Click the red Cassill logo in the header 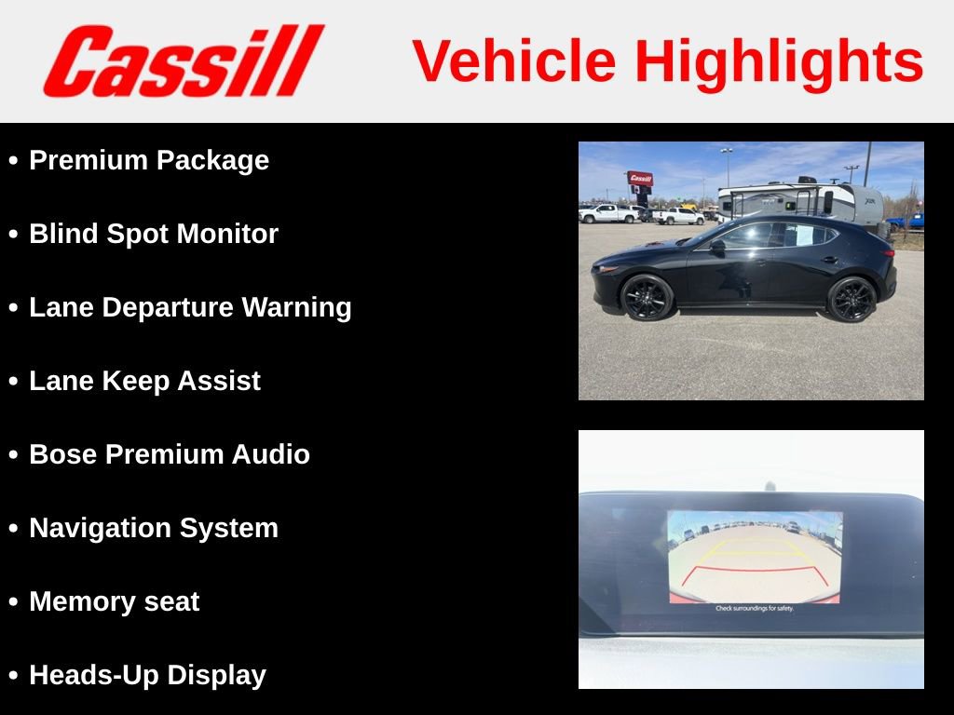click(183, 61)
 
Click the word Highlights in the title click(779, 61)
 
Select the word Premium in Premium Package click(89, 160)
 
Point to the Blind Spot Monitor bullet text click(154, 234)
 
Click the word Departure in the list click(167, 307)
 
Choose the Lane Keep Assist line click(144, 381)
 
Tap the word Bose click(63, 454)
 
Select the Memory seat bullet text click(114, 601)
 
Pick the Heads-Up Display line click(147, 675)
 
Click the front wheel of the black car click(647, 297)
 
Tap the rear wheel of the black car click(852, 298)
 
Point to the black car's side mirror click(717, 248)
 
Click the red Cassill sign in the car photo click(640, 179)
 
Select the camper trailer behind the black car click(801, 199)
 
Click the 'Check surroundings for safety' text click(755, 608)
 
